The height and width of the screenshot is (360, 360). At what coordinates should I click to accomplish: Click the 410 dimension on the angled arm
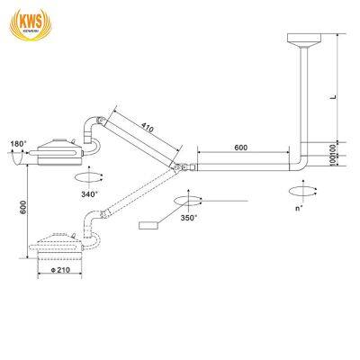[x=147, y=129]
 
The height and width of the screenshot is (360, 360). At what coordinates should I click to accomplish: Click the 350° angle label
[x=188, y=217]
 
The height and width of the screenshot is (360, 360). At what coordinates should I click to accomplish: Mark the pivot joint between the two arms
[x=185, y=166]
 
